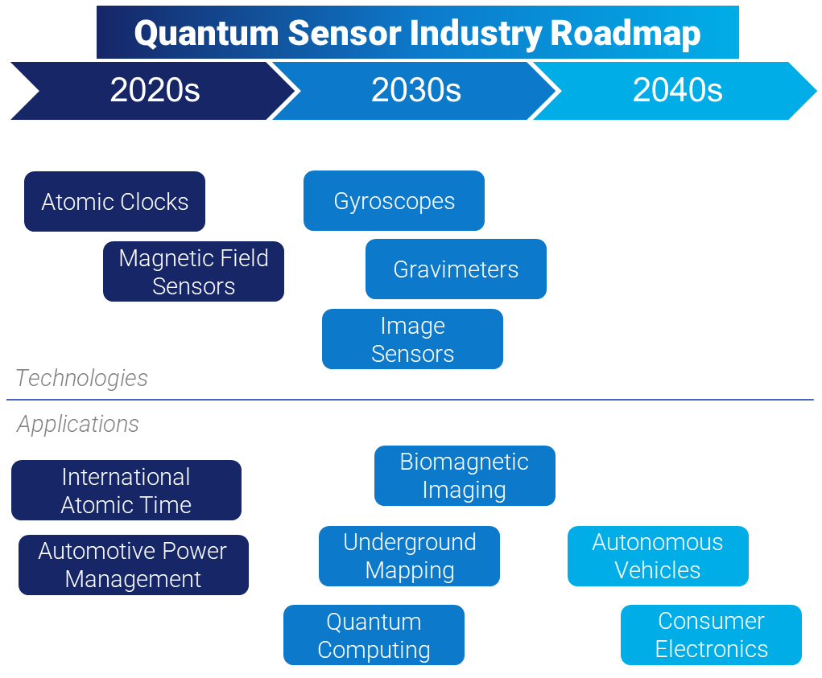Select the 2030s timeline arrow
coord(415,90)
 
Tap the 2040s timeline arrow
coord(677,90)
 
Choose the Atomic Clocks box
coord(114,201)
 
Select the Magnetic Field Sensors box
coord(193,272)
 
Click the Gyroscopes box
coord(394,200)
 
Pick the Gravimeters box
coord(456,269)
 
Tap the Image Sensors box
coord(412,339)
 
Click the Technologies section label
coord(81,378)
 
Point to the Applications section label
coord(78,424)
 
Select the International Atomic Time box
coord(126,491)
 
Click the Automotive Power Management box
coord(133,565)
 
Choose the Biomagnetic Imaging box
coord(465,475)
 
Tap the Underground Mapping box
coord(409,556)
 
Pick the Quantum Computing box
coord(374,635)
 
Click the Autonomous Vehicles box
coord(658,556)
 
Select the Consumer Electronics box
coord(711,635)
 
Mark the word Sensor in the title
coord(342,34)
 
